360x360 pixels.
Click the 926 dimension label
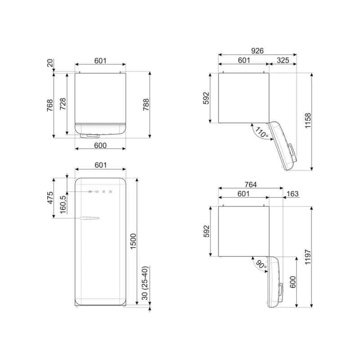click(257, 51)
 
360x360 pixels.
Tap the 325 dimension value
click(283, 60)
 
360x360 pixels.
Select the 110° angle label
click(262, 133)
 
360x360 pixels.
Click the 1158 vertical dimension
click(308, 121)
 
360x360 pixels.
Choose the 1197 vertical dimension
click(308, 256)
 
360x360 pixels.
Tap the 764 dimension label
click(251, 184)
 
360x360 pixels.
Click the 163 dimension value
click(292, 194)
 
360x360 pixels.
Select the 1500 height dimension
click(133, 241)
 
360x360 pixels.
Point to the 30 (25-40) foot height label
click(145, 283)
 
